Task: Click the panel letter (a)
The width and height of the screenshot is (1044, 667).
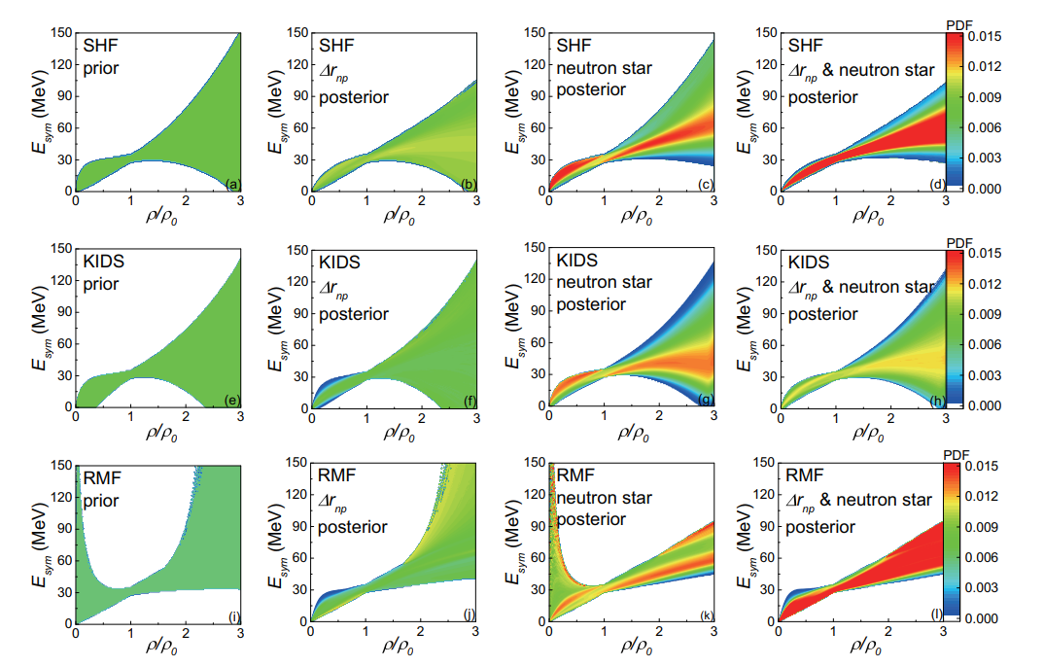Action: click(231, 184)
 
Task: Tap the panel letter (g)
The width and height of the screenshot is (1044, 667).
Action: click(704, 400)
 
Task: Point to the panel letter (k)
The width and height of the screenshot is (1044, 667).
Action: click(704, 615)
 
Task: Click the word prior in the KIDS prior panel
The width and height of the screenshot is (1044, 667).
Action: click(103, 284)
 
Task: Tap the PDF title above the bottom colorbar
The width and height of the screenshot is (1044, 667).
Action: click(958, 453)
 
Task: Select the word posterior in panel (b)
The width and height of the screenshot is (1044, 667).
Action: click(354, 97)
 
